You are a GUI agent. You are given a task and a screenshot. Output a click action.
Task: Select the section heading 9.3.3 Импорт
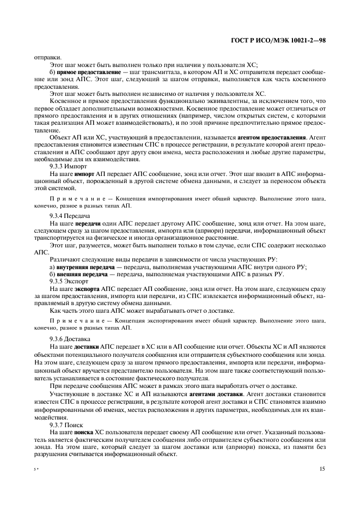point(64,165)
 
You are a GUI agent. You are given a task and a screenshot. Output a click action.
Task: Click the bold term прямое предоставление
point(82,72)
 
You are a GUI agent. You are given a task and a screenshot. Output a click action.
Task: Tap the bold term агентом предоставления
point(275,138)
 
